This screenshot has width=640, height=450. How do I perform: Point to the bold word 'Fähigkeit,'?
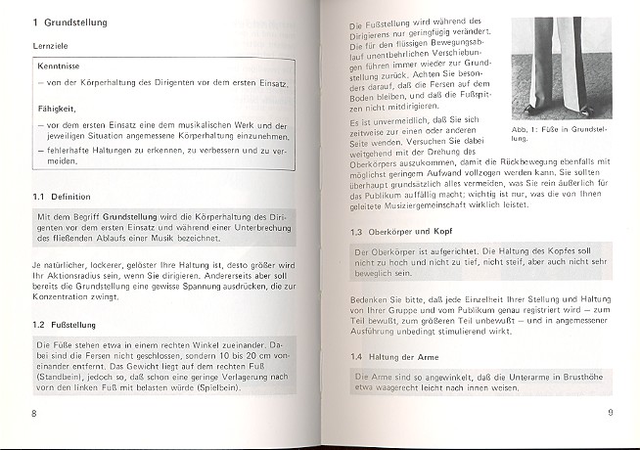59,112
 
